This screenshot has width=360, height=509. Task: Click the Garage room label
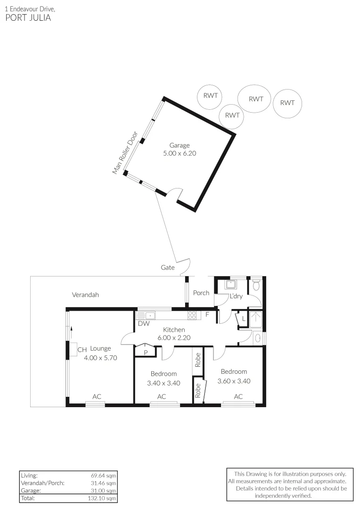[x=180, y=146]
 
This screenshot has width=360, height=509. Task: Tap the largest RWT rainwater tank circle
[x=254, y=99]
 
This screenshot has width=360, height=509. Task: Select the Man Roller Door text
[x=125, y=153]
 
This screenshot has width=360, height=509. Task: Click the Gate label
[x=167, y=268]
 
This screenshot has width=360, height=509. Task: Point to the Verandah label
[x=85, y=295]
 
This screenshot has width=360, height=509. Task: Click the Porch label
[x=201, y=293]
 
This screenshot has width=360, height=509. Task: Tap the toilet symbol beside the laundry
[x=257, y=284]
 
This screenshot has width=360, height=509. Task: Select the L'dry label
[x=236, y=296]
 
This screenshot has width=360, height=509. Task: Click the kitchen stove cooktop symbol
[x=192, y=315]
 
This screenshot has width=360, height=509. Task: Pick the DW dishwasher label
[x=144, y=324]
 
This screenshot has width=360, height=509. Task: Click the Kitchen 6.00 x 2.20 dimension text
[x=174, y=337]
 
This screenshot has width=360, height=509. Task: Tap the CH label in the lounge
[x=82, y=350]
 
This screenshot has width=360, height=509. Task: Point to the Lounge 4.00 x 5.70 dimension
[x=100, y=358]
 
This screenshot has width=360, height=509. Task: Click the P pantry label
[x=146, y=353]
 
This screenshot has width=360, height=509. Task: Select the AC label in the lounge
[x=97, y=397]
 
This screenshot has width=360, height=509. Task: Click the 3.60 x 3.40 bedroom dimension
[x=234, y=381]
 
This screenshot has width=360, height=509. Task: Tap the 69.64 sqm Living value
[x=103, y=476]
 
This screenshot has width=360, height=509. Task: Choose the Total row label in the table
[x=28, y=498]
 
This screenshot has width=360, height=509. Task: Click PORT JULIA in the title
[x=28, y=17]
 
